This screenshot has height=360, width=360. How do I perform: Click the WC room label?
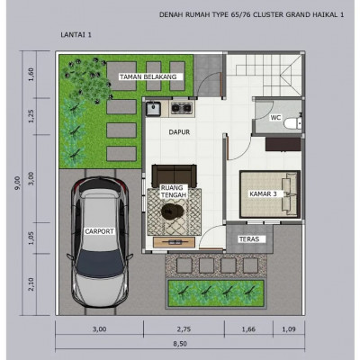coord(275,118)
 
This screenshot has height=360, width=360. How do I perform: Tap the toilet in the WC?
coord(292,123)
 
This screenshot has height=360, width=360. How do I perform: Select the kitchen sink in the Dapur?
coord(153,109)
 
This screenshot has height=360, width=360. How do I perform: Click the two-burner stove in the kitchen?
coord(181,108)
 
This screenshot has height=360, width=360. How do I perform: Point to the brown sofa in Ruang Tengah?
coord(175,175)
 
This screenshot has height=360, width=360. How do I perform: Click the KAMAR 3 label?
coord(263,194)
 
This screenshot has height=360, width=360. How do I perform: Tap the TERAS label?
coord(248,239)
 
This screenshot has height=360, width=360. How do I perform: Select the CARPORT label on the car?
coord(99,231)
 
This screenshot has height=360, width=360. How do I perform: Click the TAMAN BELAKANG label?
coord(148,76)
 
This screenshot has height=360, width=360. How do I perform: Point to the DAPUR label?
coord(179,132)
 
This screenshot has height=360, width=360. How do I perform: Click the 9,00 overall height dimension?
coord(17,183)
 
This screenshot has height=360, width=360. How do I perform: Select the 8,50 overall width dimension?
coord(180,344)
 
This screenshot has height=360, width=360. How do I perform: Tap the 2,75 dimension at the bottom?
coord(184,329)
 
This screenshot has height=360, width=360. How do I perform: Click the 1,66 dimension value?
coord(248,329)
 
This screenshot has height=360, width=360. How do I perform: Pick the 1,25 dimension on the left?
coord(31,116)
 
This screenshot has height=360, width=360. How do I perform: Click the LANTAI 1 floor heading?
coord(76,35)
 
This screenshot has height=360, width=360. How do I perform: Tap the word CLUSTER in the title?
coord(268,14)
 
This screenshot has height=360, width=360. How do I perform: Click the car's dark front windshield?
coord(99,261)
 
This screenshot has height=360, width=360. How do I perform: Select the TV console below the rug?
coord(175,242)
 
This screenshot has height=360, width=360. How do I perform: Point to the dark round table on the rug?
coord(173,211)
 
